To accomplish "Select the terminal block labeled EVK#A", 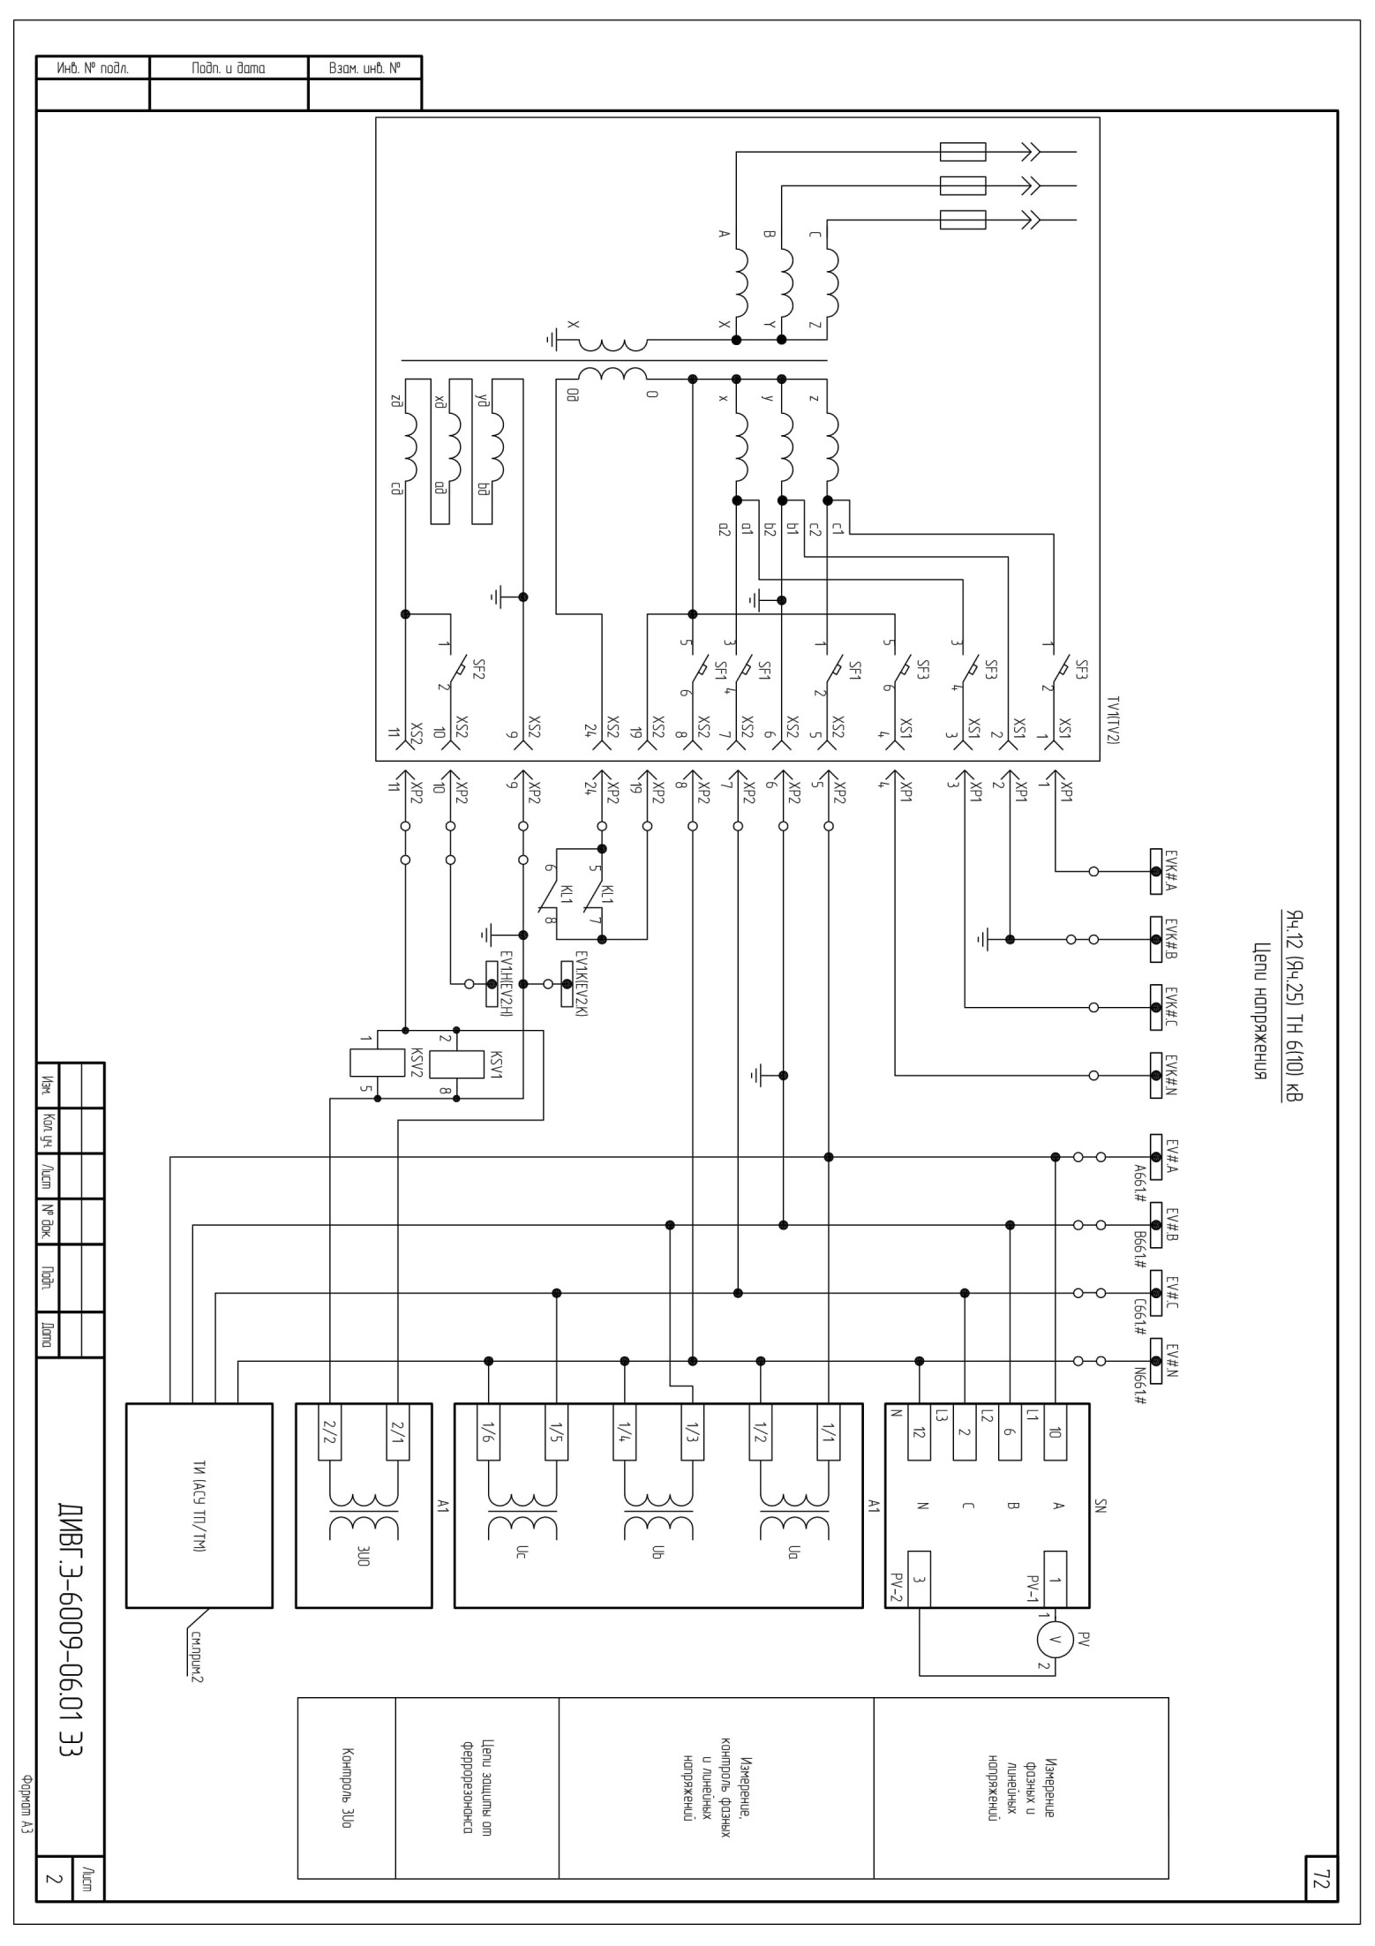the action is click(1156, 871).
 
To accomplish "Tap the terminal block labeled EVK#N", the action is click(1156, 1075).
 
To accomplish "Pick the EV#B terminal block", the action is click(1156, 1225).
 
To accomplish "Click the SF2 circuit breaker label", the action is click(479, 668).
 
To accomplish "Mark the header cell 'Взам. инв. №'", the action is click(364, 68).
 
